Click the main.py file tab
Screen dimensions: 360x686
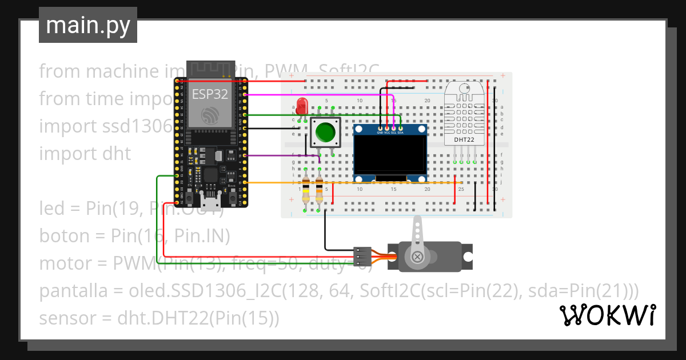click(x=87, y=26)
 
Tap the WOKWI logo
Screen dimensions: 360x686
click(x=607, y=315)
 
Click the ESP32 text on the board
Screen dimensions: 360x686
click(x=209, y=94)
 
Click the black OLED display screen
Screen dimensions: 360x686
click(x=390, y=155)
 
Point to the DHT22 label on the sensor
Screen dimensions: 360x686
click(x=464, y=139)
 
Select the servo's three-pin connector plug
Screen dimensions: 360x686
click(x=362, y=255)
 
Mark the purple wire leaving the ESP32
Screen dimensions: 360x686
click(x=280, y=155)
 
